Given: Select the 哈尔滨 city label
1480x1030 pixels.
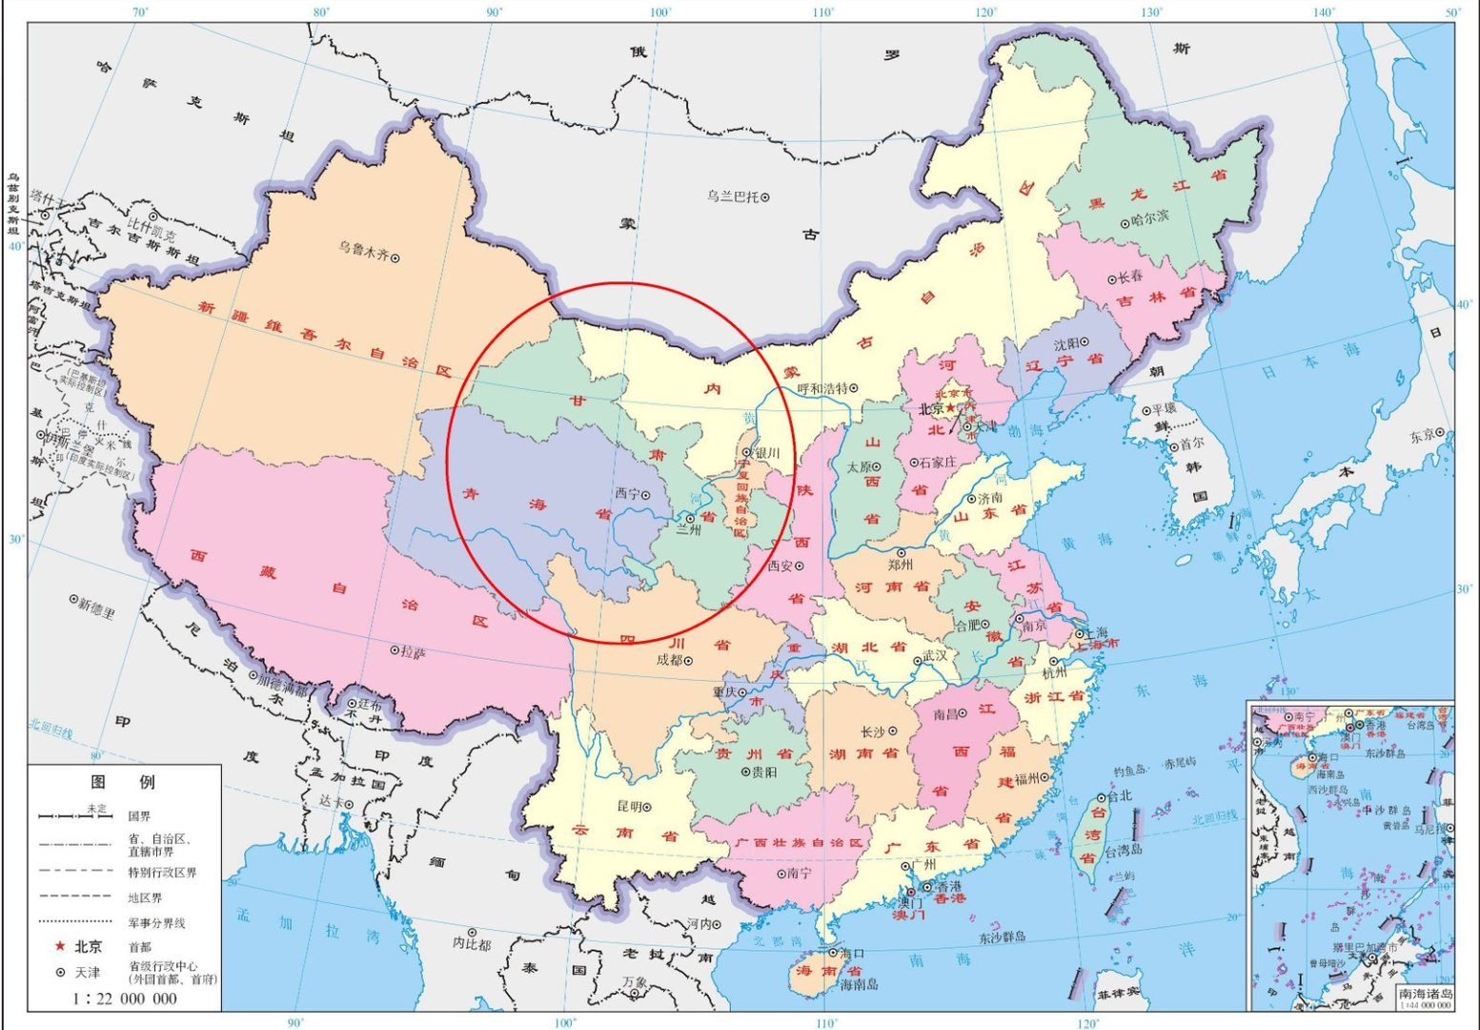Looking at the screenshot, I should [1149, 217].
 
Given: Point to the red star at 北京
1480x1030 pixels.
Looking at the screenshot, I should [949, 407].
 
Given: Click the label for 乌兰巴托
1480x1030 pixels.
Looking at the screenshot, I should [733, 196].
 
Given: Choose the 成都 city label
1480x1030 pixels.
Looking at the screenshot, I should [670, 660].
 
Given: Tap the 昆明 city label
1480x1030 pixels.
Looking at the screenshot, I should [630, 807].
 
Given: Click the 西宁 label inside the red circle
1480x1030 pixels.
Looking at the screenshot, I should [627, 494].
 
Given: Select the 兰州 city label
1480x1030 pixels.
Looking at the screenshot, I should [688, 530].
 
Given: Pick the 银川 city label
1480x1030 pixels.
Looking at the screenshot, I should [766, 453].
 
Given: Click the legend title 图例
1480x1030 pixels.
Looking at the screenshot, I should [122, 782].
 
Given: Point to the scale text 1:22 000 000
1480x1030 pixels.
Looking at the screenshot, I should [125, 999].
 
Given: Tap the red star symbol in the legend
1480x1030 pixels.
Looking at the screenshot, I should [60, 946].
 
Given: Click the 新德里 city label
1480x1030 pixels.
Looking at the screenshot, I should [96, 606].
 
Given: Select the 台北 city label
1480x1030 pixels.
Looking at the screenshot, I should [1119, 795].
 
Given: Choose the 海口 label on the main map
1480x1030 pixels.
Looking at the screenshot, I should [851, 952].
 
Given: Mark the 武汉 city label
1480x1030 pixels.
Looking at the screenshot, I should [935, 656].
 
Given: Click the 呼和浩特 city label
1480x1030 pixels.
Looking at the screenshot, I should [821, 388].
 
